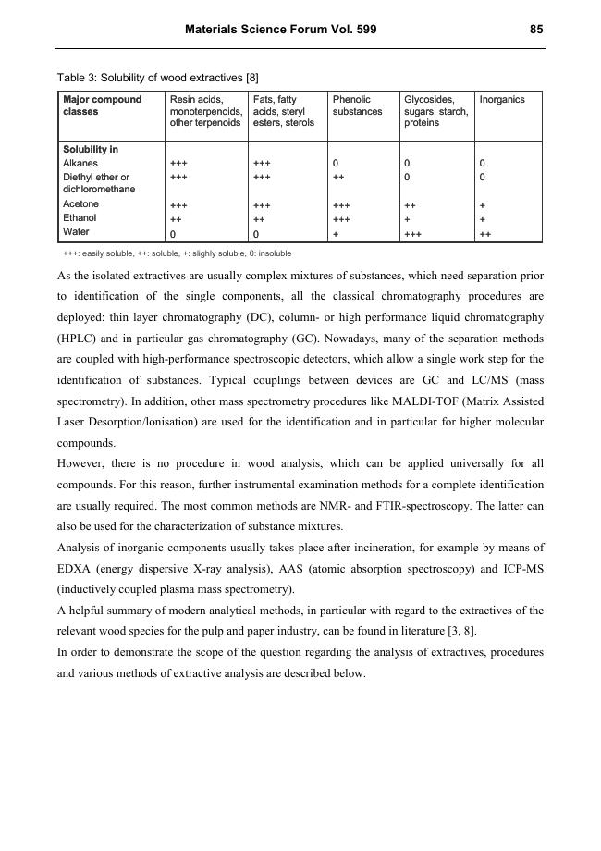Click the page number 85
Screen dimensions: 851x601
point(536,30)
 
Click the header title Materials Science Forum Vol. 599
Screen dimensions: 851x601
point(280,30)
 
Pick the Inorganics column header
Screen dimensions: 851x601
point(502,99)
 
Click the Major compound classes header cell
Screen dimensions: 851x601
point(103,105)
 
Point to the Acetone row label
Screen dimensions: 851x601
point(80,203)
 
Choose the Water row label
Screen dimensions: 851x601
point(76,232)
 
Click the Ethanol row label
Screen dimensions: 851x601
point(80,218)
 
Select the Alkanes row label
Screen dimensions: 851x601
point(80,163)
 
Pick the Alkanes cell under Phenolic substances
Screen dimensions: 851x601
point(336,164)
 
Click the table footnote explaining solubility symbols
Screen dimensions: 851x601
point(177,253)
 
